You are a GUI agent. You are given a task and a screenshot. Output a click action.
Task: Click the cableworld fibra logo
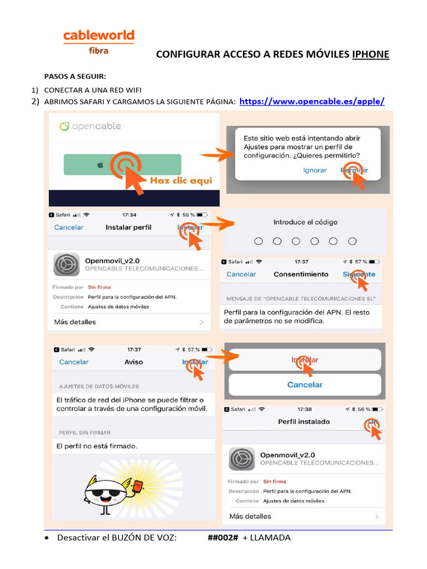tap(98, 42)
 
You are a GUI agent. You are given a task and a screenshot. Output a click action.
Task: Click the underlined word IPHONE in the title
tap(370, 54)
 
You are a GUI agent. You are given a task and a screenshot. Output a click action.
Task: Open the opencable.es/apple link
tap(311, 101)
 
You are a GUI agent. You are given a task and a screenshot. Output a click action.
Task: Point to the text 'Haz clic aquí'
tap(180, 181)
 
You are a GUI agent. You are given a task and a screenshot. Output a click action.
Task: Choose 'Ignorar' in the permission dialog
tap(315, 170)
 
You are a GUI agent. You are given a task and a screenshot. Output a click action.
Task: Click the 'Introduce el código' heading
tap(305, 222)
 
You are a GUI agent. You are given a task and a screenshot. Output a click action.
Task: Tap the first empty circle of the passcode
tap(259, 241)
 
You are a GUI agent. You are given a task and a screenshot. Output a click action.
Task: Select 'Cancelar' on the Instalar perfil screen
tap(68, 227)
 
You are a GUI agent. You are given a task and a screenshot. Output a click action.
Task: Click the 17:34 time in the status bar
tap(129, 214)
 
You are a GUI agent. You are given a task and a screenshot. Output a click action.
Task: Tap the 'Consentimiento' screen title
tap(301, 274)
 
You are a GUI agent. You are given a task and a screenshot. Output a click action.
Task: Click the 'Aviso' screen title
tap(133, 362)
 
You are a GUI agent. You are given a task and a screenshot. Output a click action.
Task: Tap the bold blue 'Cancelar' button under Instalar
tap(305, 385)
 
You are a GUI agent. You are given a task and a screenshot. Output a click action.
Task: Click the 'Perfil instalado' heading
tap(304, 422)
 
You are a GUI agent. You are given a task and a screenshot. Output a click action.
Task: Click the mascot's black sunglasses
tap(104, 493)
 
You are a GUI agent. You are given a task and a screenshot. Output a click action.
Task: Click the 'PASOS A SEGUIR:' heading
tap(75, 76)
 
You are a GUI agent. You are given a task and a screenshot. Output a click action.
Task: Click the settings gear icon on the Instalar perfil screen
tap(66, 264)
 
